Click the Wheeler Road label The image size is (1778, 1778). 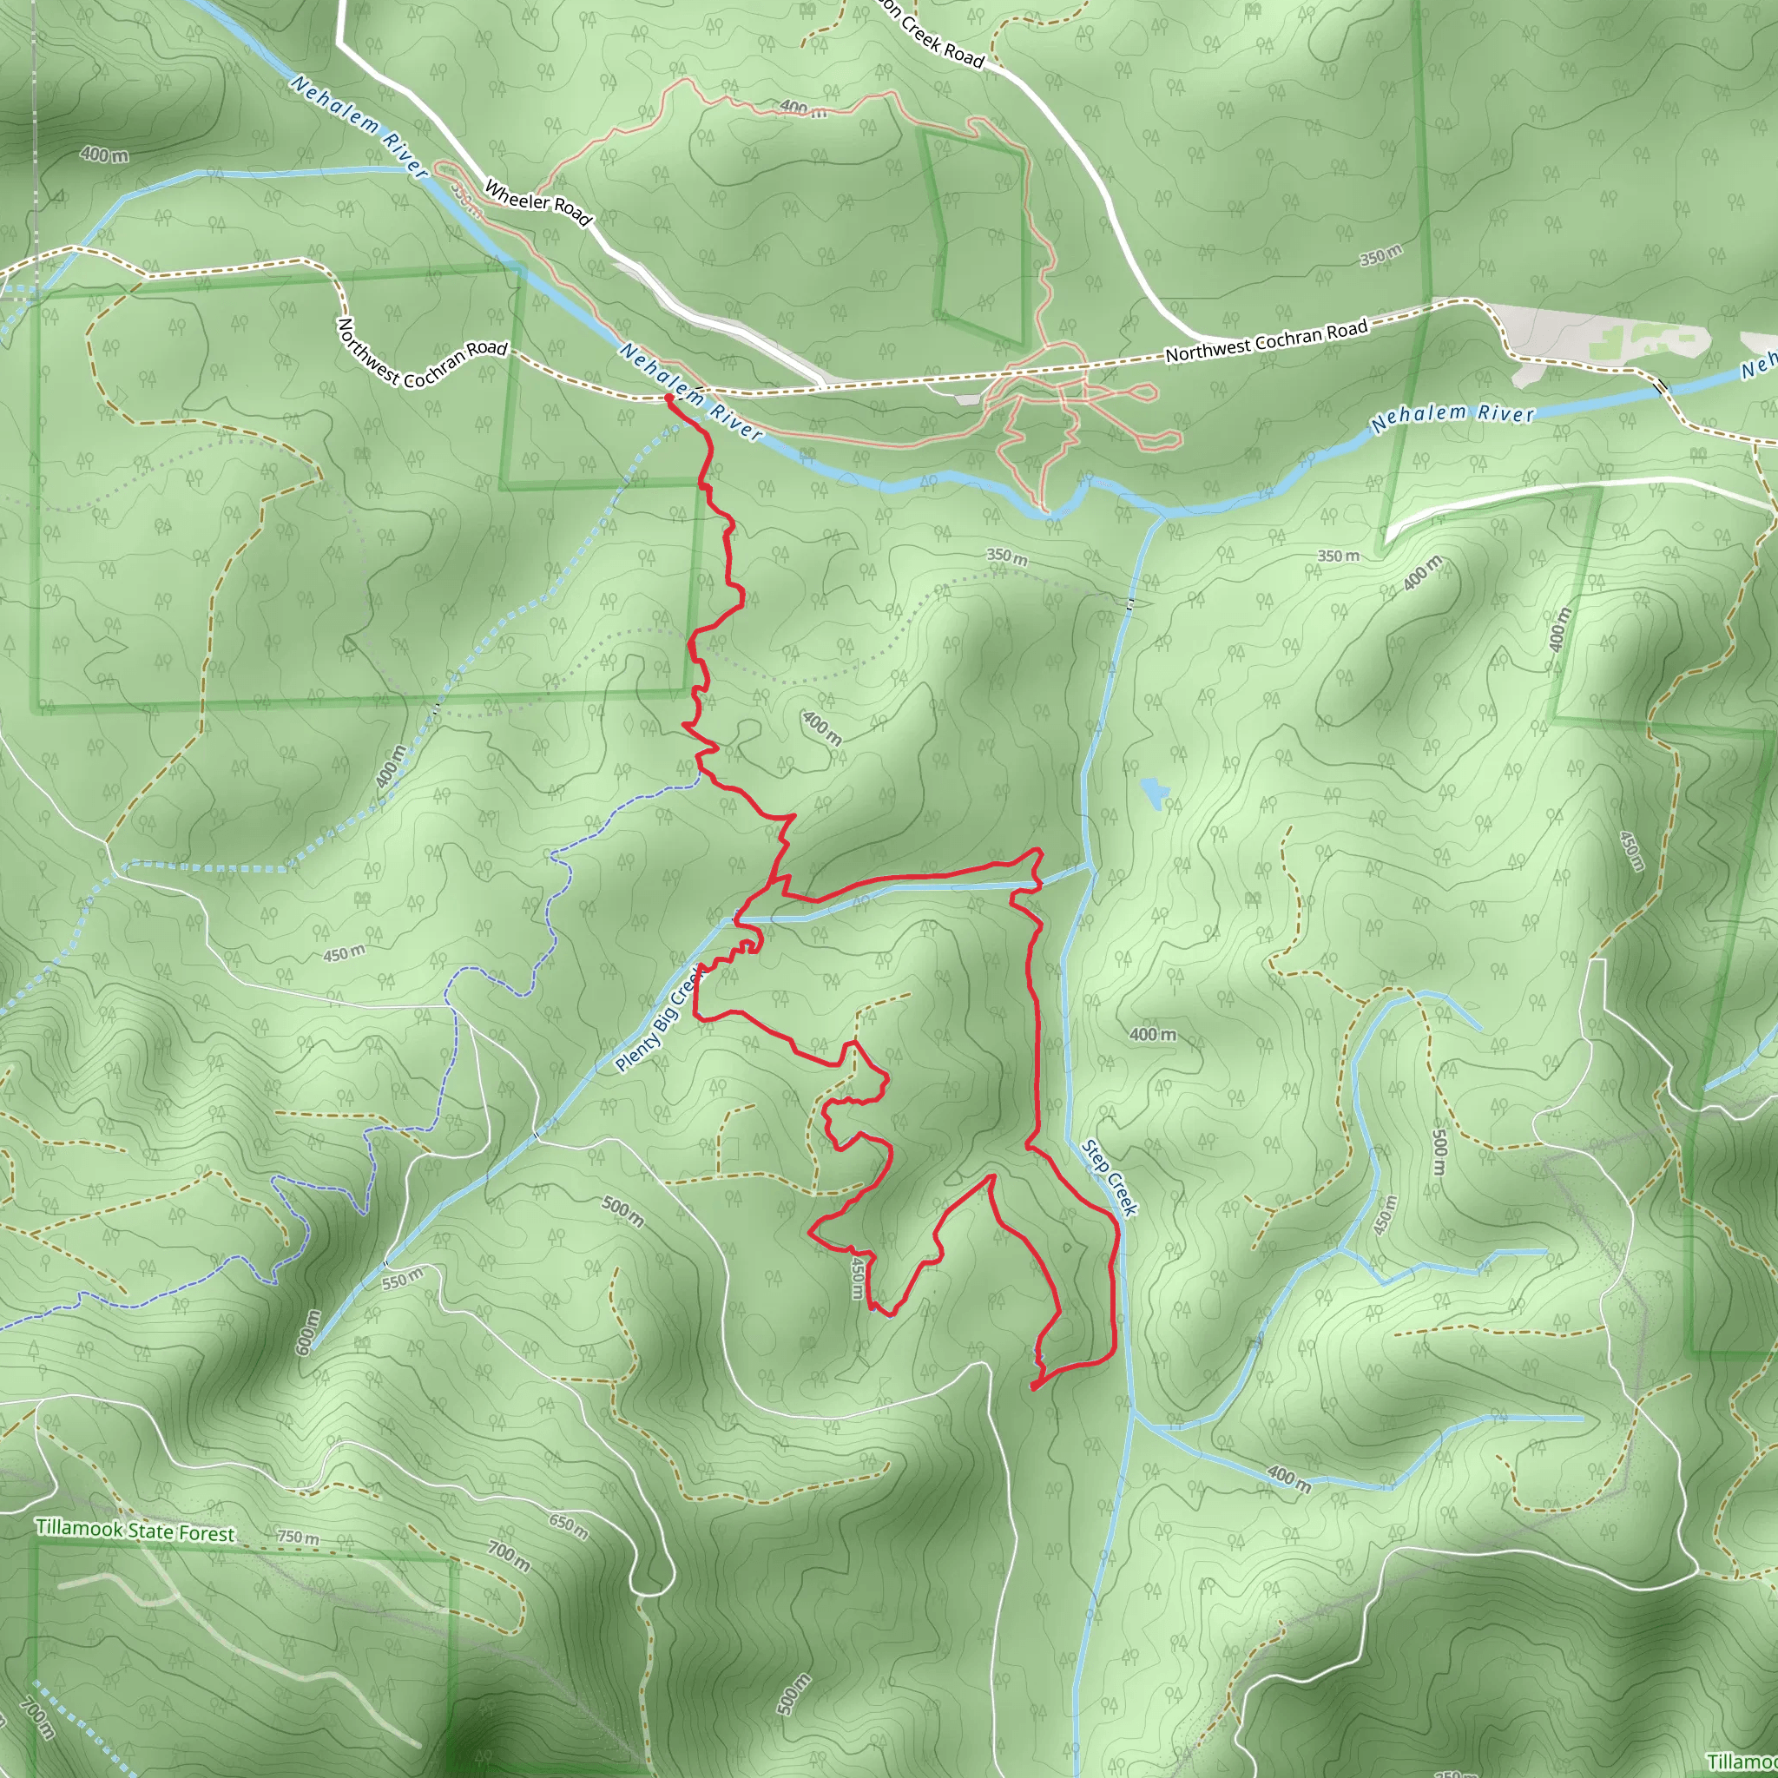[537, 203]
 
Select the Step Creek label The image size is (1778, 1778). [1110, 1178]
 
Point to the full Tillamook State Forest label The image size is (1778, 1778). [135, 1531]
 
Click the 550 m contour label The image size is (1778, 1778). [402, 1278]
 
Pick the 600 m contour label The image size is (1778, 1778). [308, 1333]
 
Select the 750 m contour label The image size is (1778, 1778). [298, 1538]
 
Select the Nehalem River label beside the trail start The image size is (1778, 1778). [691, 392]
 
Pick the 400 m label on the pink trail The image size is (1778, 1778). [802, 109]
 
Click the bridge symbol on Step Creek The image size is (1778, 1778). [1130, 603]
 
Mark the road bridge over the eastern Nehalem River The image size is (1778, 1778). [1660, 387]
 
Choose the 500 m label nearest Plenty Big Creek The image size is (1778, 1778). [623, 1211]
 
